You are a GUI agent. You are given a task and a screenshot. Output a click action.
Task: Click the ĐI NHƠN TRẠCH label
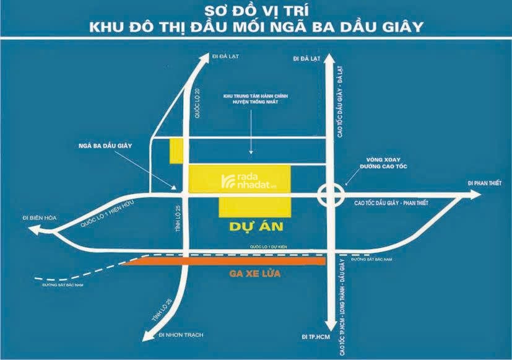pos(181,335)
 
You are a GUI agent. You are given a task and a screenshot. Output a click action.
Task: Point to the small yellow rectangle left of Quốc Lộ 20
pos(176,151)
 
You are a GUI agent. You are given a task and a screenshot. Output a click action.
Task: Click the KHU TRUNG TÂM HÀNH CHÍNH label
pos(251,100)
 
